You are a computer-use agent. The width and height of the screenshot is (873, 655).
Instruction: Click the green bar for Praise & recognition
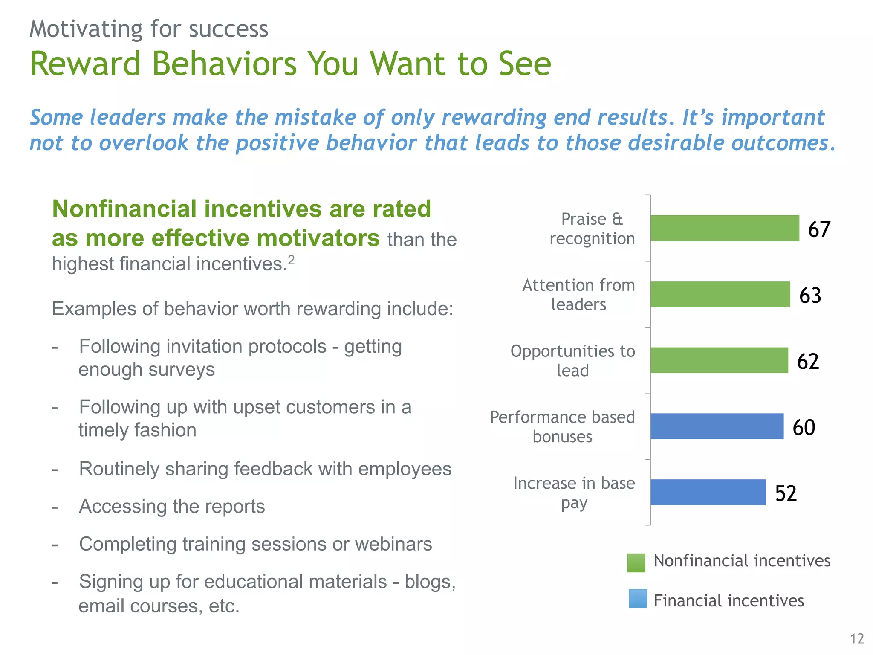(724, 228)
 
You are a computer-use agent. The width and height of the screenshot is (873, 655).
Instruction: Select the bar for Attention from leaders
(720, 294)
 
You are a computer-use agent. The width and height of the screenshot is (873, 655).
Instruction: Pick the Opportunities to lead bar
(719, 360)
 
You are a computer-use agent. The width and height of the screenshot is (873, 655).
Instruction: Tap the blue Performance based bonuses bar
(717, 426)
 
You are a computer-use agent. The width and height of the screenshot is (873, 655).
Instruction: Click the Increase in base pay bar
(708, 492)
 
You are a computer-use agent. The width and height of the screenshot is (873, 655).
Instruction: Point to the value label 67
(819, 229)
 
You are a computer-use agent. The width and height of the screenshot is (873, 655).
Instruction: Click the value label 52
(786, 493)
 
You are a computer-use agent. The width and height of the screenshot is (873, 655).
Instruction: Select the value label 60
(804, 427)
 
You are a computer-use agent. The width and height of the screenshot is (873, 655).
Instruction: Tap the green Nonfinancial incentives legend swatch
(636, 562)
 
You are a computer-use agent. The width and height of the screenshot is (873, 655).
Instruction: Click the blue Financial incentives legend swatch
(637, 598)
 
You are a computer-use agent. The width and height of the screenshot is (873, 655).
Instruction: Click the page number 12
(857, 639)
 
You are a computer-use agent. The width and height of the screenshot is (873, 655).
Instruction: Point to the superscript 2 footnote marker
(291, 260)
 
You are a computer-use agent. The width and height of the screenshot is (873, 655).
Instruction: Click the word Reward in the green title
(85, 64)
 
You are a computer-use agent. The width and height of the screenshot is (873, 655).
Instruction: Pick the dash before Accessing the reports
(55, 507)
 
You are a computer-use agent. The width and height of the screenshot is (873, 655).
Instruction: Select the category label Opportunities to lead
(572, 360)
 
